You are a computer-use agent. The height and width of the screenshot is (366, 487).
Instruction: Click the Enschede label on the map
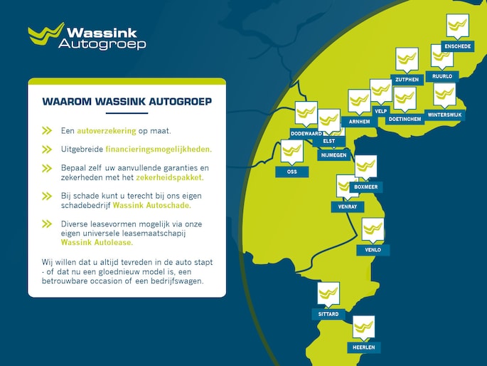pyautogui.click(x=457, y=46)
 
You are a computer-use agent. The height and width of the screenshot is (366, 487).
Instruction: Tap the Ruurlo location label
pyautogui.click(x=441, y=75)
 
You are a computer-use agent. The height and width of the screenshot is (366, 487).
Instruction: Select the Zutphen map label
pyautogui.click(x=407, y=78)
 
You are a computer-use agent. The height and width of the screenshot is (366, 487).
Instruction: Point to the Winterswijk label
pyautogui.click(x=444, y=114)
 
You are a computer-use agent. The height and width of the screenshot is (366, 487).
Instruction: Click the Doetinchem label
pyautogui.click(x=405, y=119)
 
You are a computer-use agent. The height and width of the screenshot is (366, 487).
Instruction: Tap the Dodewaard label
pyautogui.click(x=306, y=133)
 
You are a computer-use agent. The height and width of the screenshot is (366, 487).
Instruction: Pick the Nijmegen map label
pyautogui.click(x=333, y=154)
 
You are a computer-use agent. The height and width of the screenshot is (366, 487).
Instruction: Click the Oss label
pyautogui.click(x=291, y=172)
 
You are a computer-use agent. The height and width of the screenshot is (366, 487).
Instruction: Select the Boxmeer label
pyautogui.click(x=366, y=187)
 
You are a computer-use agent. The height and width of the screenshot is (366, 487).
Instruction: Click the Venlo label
pyautogui.click(x=373, y=250)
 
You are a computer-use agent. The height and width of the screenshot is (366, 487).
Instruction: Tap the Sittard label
pyautogui.click(x=328, y=313)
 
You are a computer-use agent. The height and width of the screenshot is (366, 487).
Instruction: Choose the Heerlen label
pyautogui.click(x=363, y=347)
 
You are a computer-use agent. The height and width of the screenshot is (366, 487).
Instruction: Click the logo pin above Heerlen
pyautogui.click(x=363, y=327)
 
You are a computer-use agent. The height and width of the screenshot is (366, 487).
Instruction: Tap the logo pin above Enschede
pyautogui.click(x=457, y=26)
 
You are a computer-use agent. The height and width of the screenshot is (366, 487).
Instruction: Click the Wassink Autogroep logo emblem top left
pyautogui.click(x=46, y=34)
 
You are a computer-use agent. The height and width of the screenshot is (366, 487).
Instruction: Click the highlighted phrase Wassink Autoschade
pyautogui.click(x=151, y=205)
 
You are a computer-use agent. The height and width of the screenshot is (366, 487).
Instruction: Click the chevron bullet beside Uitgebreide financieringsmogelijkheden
pyautogui.click(x=47, y=150)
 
